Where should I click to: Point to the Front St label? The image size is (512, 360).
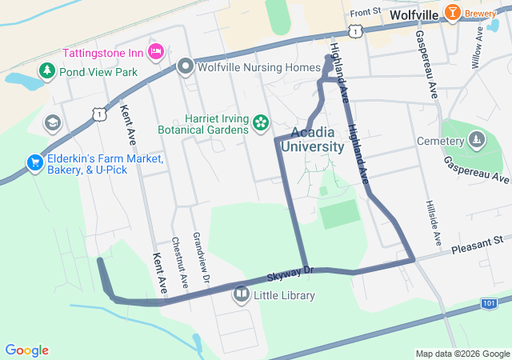tap(365, 12)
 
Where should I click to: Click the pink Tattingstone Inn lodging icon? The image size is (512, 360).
tap(156, 52)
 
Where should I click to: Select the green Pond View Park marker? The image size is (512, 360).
tap(47, 72)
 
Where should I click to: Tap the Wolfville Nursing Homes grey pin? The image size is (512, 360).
tap(186, 66)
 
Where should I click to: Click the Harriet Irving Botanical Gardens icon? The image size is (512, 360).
tap(260, 123)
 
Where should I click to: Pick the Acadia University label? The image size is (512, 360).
tap(317, 139)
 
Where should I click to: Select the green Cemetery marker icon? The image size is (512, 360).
tap(477, 141)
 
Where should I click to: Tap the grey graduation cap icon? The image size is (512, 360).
tap(53, 122)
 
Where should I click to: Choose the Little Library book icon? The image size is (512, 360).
tap(241, 295)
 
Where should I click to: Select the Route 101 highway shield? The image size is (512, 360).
tap(490, 304)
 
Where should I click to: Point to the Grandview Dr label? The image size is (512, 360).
tap(200, 258)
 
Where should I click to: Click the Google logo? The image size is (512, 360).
tap(26, 350)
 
